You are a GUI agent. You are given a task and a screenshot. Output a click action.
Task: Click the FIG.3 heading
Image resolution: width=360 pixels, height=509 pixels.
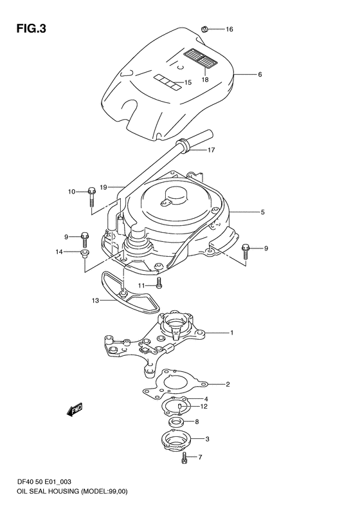(32, 29)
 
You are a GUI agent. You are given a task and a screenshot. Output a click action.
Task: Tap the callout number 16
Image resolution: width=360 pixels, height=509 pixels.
(230, 29)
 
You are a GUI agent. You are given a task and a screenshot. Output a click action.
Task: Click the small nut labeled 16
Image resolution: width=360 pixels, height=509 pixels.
(204, 29)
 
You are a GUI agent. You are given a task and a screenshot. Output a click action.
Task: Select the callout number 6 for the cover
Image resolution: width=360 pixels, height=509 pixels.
(260, 75)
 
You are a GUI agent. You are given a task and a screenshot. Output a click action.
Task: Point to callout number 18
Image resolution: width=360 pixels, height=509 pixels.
(205, 80)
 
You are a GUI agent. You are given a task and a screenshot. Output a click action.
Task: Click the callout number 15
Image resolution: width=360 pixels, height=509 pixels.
(188, 82)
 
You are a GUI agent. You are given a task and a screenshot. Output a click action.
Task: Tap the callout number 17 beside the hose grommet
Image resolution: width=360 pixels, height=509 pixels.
(211, 150)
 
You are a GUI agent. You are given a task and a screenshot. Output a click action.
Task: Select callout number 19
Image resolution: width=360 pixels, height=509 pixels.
(104, 187)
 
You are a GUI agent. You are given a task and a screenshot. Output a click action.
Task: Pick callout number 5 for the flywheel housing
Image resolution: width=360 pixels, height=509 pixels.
(262, 212)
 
